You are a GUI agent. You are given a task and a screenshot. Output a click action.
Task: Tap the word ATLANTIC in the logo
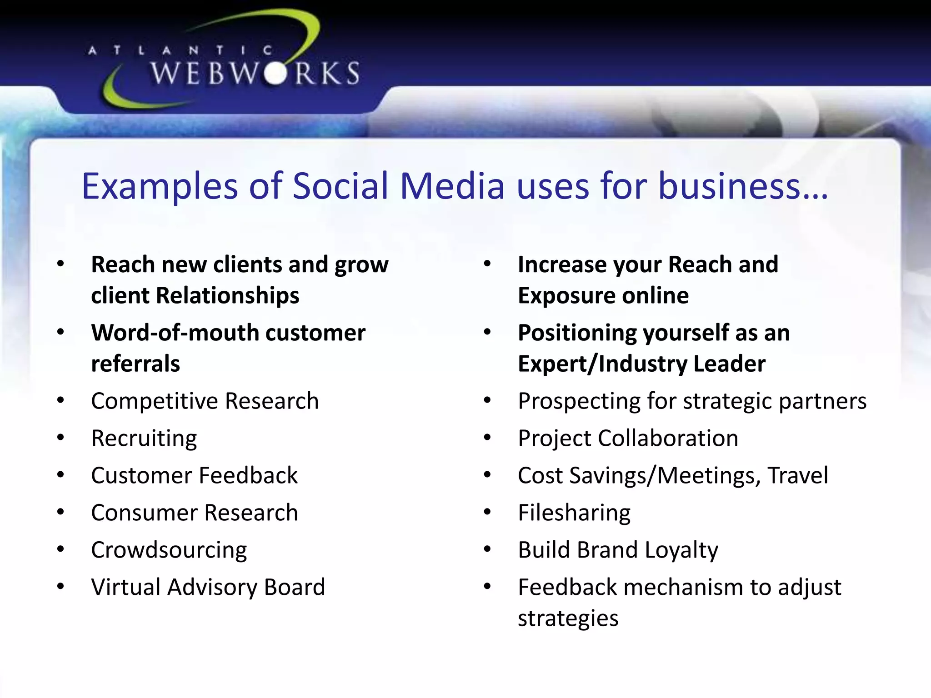tap(180, 50)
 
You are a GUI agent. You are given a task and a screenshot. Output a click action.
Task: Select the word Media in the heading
tap(452, 186)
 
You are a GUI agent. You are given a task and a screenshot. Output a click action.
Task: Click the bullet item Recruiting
tap(144, 439)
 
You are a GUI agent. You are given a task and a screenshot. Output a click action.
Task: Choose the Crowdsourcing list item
tap(169, 550)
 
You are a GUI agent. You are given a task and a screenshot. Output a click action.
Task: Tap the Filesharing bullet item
tap(574, 513)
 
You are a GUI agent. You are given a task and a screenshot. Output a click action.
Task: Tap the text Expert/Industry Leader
tap(641, 364)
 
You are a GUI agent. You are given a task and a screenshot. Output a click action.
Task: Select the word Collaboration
tap(668, 439)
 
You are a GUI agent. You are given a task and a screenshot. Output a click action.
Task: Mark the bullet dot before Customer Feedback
tap(60, 475)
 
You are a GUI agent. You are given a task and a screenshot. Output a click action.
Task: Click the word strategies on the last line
tap(568, 618)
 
